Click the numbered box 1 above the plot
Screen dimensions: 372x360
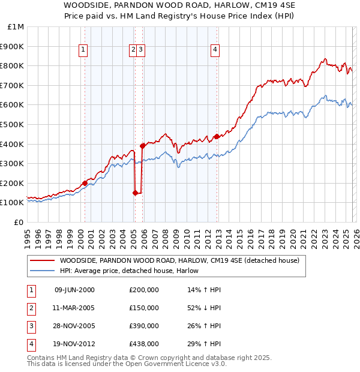click(82, 50)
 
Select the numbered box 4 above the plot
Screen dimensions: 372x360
click(214, 50)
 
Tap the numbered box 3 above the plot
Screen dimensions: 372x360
click(140, 50)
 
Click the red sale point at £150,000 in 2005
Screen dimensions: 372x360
click(135, 193)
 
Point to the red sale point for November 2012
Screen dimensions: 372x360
click(217, 136)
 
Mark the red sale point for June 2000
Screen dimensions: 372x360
click(85, 183)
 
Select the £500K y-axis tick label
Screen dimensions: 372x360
click(13, 124)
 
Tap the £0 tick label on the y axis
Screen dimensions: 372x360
click(18, 222)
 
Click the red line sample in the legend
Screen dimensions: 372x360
click(43, 261)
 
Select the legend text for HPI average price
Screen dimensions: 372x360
click(133, 271)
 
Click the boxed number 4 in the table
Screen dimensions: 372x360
click(31, 344)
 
